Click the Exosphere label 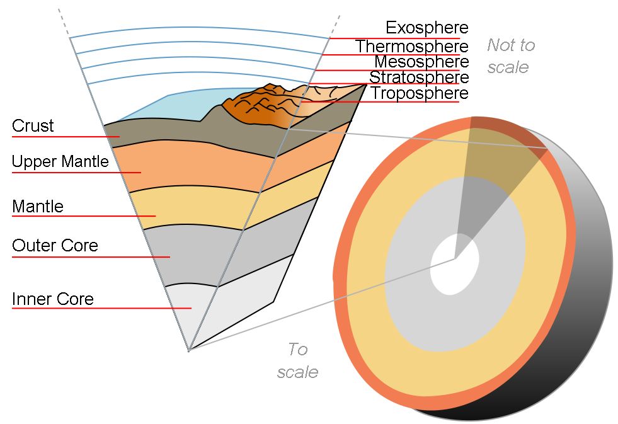[x=427, y=28]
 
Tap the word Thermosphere [x=412, y=46]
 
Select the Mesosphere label [x=421, y=62]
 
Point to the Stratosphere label [x=419, y=77]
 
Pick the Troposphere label [x=420, y=93]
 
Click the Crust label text [x=33, y=126]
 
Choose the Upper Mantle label [x=60, y=161]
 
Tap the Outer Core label [x=55, y=245]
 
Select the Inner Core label [x=53, y=299]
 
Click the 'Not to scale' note [x=511, y=55]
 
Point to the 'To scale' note [x=297, y=360]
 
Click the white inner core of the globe [x=454, y=264]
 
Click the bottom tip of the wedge [x=189, y=350]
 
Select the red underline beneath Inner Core [x=101, y=308]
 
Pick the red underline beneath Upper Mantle [x=76, y=172]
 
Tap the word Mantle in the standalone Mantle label [x=38, y=206]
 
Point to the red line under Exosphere [x=394, y=38]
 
